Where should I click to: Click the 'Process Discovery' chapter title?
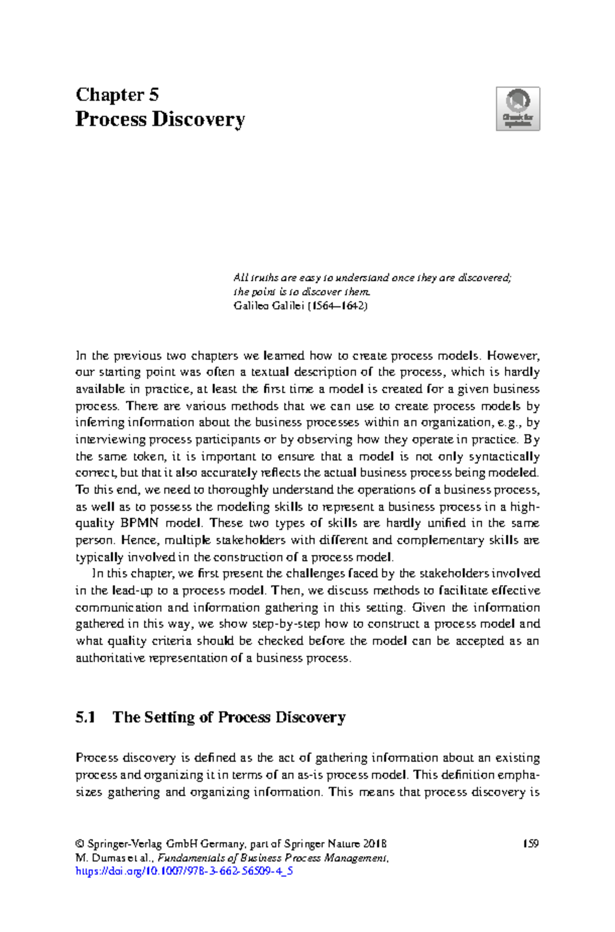coord(160,119)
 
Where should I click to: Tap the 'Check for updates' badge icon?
coord(518,109)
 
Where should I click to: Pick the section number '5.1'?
coord(86,717)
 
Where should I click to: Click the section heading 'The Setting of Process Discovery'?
coord(229,717)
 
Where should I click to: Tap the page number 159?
coord(530,844)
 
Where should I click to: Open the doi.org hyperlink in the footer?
coord(184,871)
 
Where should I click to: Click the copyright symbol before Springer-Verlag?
coord(79,844)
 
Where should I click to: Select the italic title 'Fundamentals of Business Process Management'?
coord(273,858)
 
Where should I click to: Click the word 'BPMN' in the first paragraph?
coord(139,523)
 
